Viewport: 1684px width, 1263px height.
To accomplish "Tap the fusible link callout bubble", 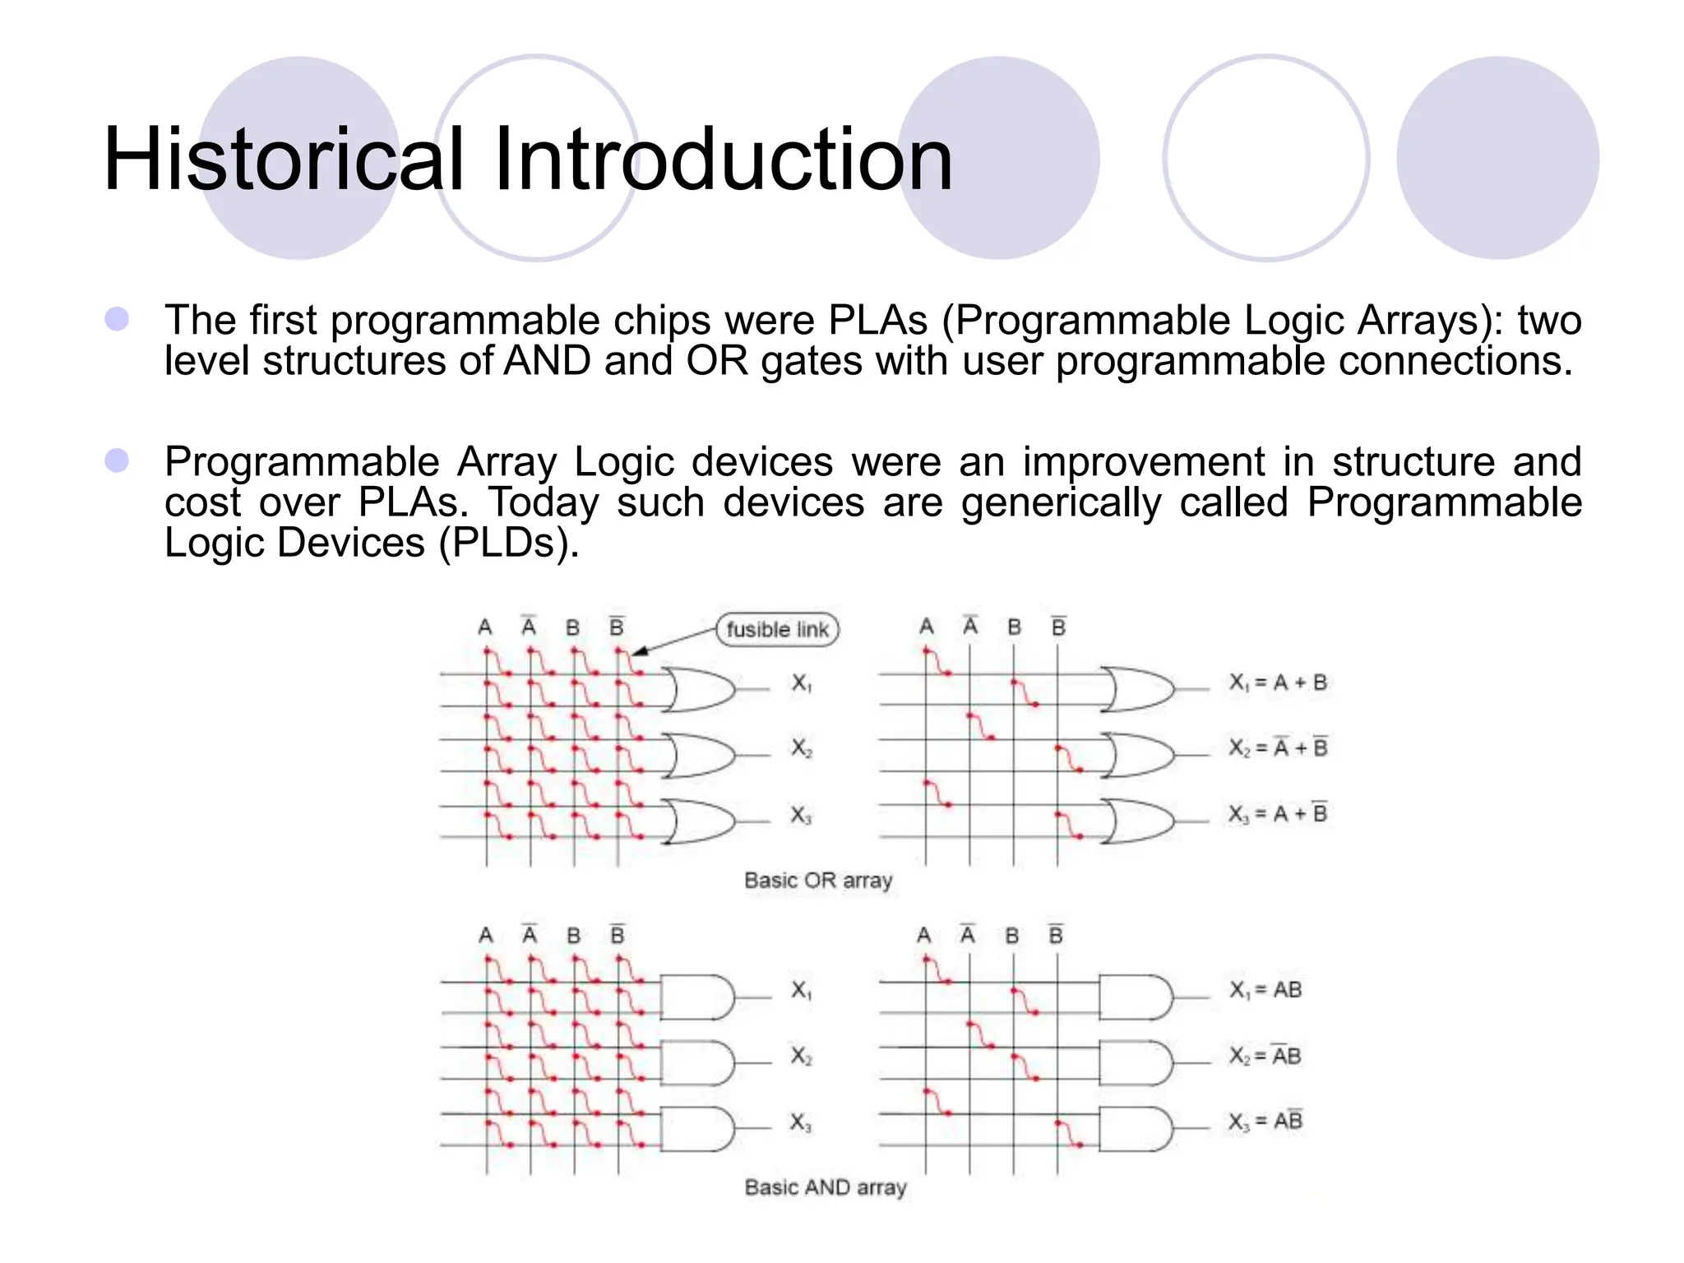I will pos(777,630).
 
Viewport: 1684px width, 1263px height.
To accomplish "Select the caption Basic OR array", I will pos(817,881).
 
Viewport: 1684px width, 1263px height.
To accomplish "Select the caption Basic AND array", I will pos(825,1187).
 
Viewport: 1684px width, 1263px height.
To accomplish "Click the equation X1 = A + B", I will pos(1278,682).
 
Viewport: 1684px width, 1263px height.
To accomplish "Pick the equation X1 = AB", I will pos(1265,990).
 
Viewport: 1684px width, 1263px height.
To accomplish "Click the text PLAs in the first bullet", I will pos(877,321).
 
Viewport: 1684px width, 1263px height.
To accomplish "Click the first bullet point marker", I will pos(117,319).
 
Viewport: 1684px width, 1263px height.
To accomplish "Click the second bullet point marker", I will pos(117,460).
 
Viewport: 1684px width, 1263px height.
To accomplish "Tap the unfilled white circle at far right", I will pos(1265,158).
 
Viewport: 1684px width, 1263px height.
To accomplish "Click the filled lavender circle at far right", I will pos(1497,158).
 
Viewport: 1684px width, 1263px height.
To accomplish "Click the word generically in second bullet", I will pos(1061,502).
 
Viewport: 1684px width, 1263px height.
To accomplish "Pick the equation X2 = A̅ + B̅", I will pos(1278,747).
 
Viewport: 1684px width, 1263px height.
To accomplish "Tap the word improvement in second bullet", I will pos(1143,461).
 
